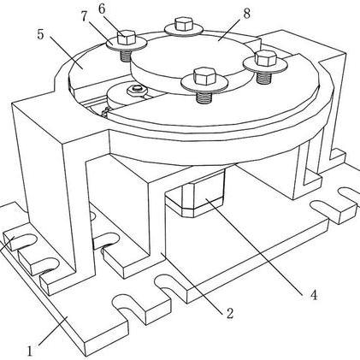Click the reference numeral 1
[x=30, y=351]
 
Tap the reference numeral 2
[x=230, y=314]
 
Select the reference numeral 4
[x=314, y=295]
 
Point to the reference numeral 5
[x=40, y=34]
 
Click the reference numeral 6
[x=102, y=9]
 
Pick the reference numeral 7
[x=84, y=16]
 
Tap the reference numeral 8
[x=246, y=14]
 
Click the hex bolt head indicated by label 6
[x=126, y=38]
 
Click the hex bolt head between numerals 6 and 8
[x=184, y=24]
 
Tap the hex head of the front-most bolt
[x=204, y=76]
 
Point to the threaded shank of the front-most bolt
[x=204, y=97]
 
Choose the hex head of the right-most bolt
[x=266, y=58]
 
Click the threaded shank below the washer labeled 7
[x=126, y=56]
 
